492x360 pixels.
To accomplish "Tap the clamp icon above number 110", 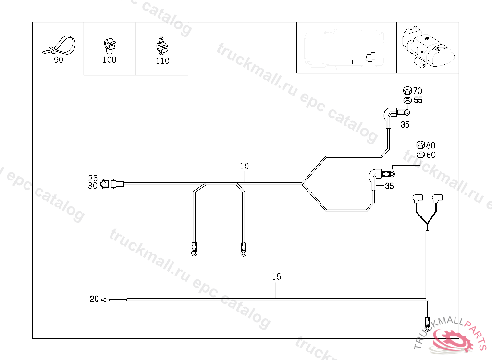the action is tap(162, 45).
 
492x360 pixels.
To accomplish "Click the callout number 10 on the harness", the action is tap(245, 167).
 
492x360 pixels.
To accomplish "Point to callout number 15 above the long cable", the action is tap(276, 277).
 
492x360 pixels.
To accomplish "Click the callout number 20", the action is tap(94, 299).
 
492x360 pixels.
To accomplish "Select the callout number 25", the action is tap(93, 178).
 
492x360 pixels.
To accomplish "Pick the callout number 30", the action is tap(93, 185).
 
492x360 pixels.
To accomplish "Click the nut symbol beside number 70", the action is tap(406, 90).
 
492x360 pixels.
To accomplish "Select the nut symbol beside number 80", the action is tap(420, 145).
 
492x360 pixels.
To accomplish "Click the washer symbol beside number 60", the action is tap(420, 155).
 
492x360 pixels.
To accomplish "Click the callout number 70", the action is tap(418, 91).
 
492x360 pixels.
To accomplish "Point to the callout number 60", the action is tap(430, 155).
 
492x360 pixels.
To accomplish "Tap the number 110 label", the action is tap(163, 61).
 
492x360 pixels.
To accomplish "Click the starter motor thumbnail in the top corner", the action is tap(428, 47).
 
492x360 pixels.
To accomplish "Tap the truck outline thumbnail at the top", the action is tap(346, 47).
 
